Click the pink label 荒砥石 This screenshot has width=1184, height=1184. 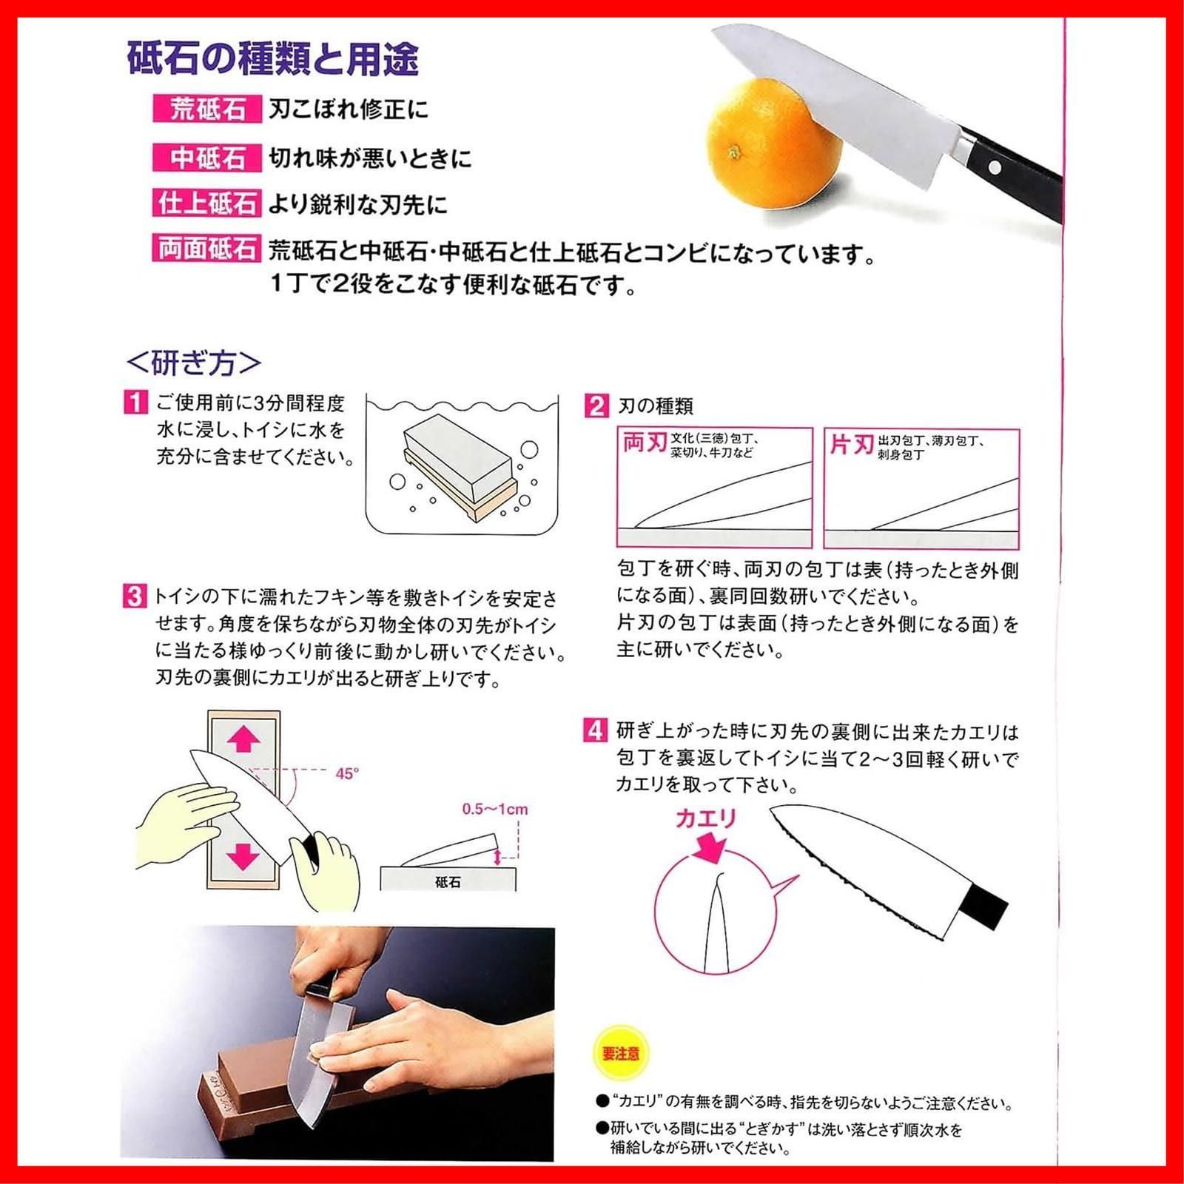207,110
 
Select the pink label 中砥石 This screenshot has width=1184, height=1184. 207,158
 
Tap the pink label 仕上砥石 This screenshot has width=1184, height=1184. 207,203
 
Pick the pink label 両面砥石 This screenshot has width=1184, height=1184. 207,249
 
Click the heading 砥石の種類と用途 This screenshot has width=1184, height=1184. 272,59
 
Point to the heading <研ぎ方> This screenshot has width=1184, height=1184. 194,363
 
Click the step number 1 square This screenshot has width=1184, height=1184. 135,403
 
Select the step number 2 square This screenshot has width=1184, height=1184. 596,406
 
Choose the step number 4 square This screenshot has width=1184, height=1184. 596,730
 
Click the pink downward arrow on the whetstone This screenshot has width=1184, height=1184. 243,855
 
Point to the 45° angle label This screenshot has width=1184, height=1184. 347,773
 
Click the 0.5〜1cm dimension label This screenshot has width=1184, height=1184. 495,809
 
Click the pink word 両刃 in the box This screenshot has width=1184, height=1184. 645,443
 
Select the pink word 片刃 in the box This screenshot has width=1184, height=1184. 852,445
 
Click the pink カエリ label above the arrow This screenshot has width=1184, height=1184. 705,818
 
